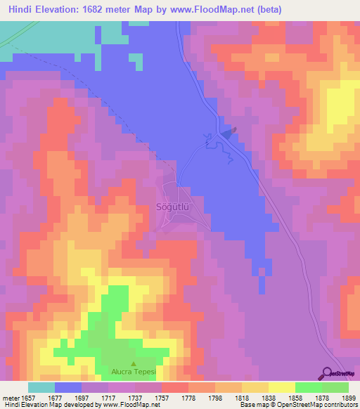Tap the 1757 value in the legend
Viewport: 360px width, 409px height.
[162, 397]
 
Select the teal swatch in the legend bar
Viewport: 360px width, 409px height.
[41, 387]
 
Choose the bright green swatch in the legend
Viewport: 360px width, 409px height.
[308, 387]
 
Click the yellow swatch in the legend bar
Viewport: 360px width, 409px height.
[281, 387]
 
